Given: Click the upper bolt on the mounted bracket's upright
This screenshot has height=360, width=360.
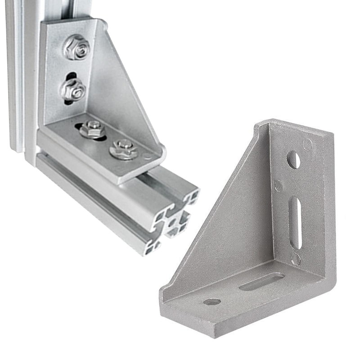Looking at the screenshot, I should [77, 47].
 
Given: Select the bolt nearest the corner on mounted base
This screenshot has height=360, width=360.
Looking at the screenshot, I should [93, 129].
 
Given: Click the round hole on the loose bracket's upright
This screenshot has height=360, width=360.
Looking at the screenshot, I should [293, 160].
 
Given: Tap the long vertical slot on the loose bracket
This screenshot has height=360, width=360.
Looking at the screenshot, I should [295, 222].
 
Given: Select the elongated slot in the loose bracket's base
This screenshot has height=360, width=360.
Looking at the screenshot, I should [261, 282].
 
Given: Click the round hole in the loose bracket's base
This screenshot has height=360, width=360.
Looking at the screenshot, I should [212, 301].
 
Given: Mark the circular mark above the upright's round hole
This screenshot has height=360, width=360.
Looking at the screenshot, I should [307, 144].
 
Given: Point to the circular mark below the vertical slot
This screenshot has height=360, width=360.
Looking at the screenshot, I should [296, 259].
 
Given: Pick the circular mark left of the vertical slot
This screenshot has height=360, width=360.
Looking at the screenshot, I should [279, 186].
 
